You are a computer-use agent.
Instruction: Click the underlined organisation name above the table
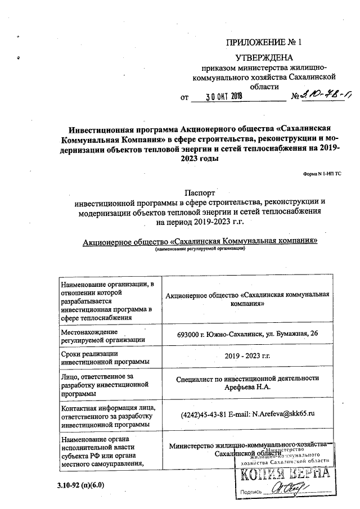[200, 241]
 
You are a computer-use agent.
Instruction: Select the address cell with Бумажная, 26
[247, 334]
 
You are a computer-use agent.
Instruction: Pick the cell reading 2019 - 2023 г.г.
[247, 357]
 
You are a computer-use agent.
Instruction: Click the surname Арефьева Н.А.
[247, 387]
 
